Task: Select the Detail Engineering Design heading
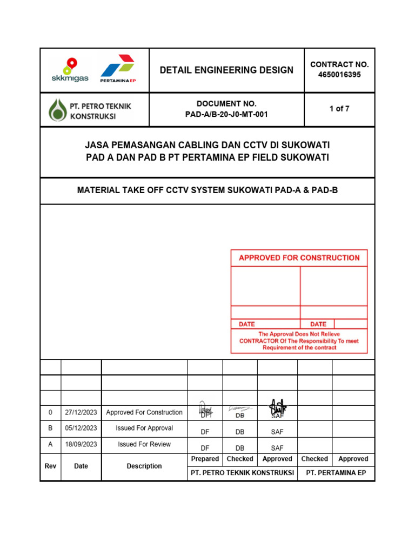point(226,70)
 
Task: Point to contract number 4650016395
point(339,75)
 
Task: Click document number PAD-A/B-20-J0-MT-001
point(226,114)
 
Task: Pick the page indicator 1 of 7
point(339,109)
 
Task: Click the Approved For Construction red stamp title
point(299,258)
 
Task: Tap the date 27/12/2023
point(81,412)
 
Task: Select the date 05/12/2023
point(81,428)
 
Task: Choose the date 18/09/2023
point(81,444)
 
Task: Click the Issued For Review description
point(144,444)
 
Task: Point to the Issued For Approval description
point(144,428)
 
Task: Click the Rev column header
point(50,466)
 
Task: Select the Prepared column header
point(205,459)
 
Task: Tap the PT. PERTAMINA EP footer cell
point(336,472)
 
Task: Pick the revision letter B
point(50,428)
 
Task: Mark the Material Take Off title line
point(207,190)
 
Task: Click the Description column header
point(144,466)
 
